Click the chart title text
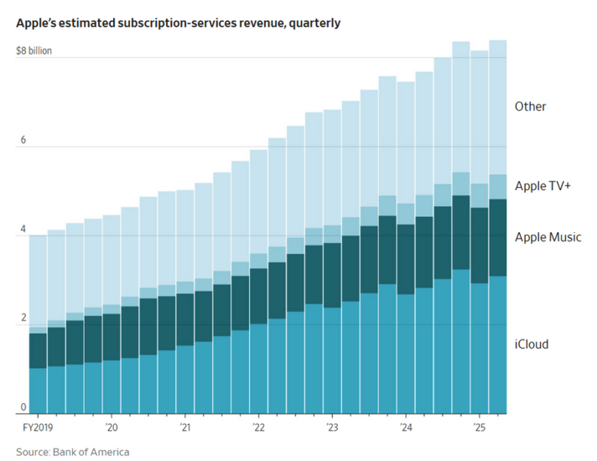click(178, 23)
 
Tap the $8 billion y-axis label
click(34, 50)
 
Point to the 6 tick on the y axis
click(23, 140)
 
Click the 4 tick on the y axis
click(23, 229)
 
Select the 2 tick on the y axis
click(23, 319)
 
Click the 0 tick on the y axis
click(23, 407)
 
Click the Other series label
click(531, 106)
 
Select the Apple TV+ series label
click(542, 186)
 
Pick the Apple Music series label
click(548, 237)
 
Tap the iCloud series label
click(532, 344)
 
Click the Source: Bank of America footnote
click(72, 453)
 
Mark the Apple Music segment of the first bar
click(38, 350)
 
